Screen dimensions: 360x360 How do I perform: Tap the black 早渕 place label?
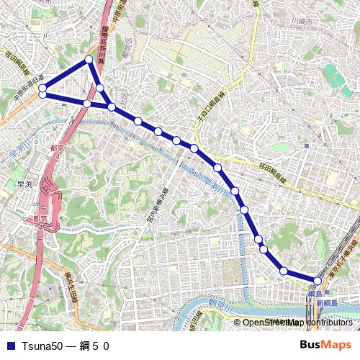24,185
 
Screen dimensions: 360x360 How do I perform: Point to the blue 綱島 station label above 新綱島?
315,294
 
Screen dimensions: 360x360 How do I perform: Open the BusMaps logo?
325,345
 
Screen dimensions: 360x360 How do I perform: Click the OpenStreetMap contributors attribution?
297,323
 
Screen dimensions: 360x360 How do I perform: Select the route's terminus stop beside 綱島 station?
318,280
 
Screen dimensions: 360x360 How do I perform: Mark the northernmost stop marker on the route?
89,60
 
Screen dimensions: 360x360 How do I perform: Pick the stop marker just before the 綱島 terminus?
284,271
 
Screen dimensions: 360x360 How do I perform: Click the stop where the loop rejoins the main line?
112,107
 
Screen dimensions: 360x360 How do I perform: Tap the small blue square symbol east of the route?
307,146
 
